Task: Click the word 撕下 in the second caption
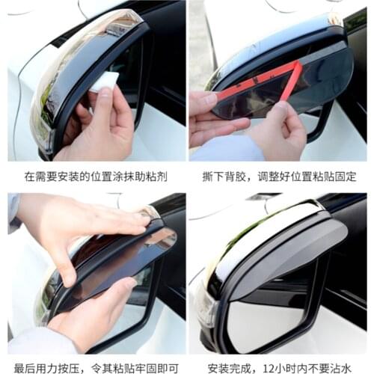click(x=211, y=177)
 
